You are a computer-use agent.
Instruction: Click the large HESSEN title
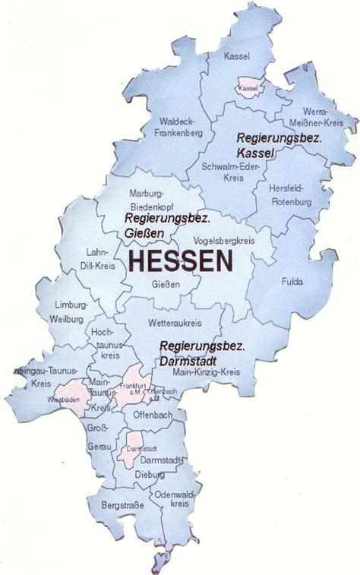tap(181, 262)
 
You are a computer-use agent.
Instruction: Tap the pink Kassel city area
tap(249, 88)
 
